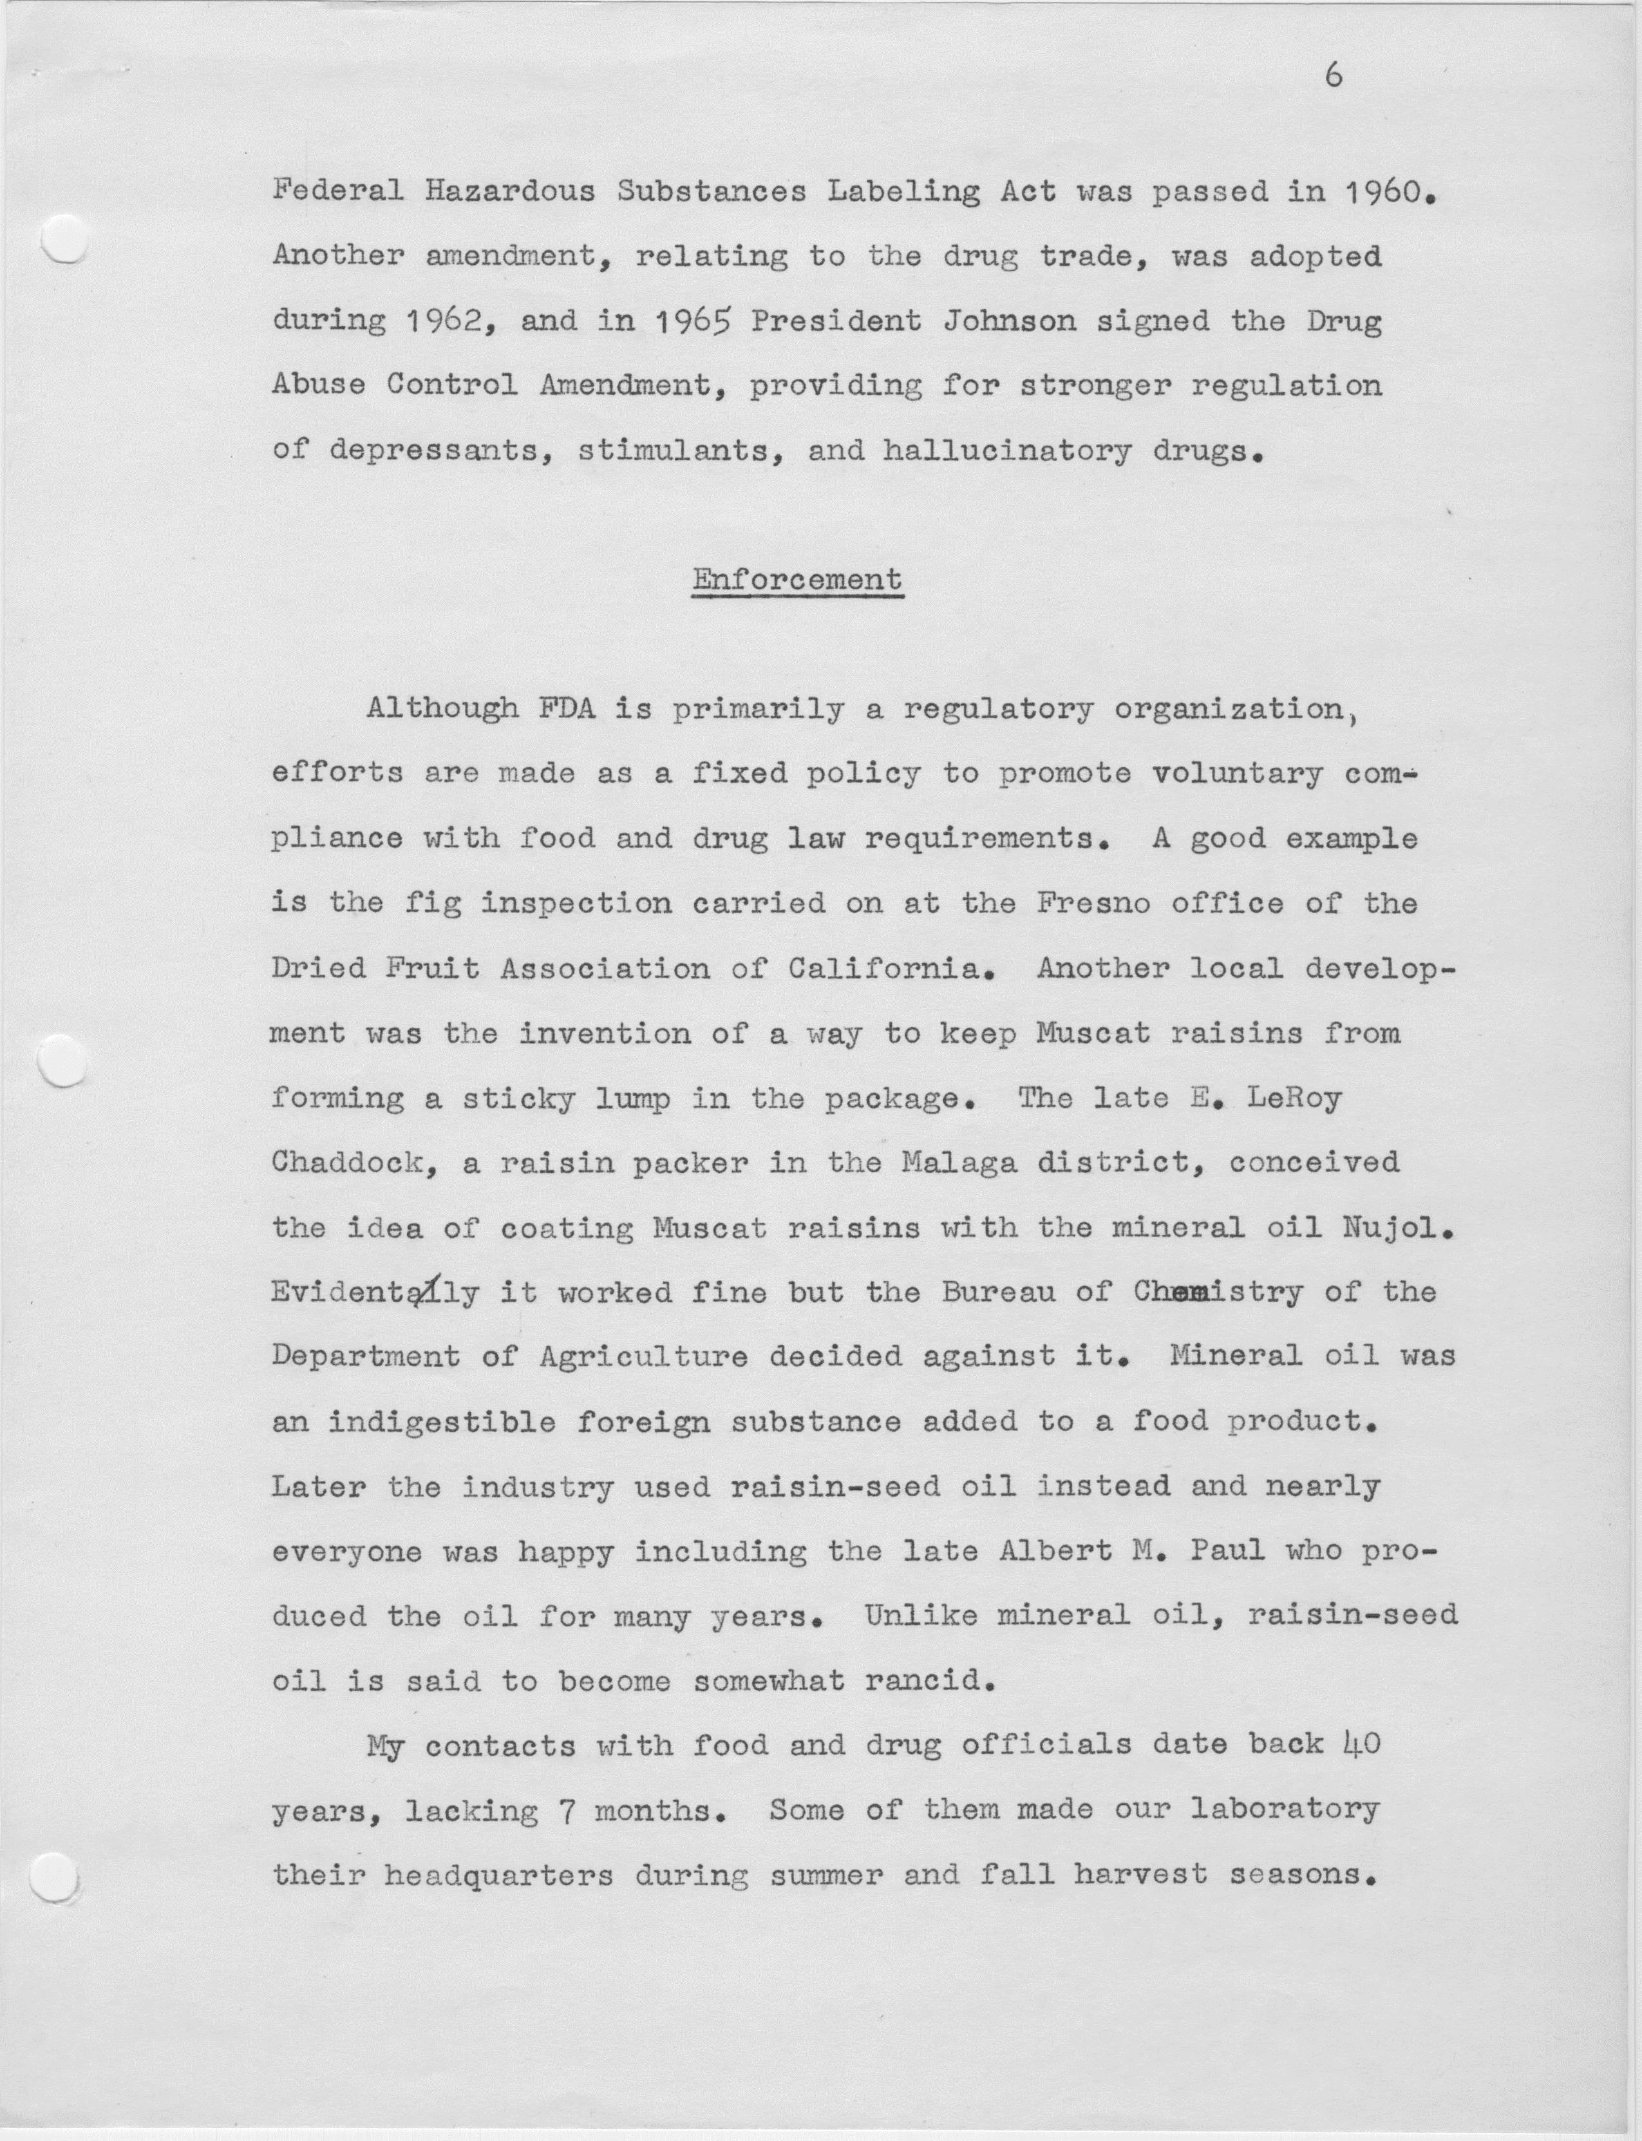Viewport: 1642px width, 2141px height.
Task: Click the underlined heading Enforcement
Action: (797, 580)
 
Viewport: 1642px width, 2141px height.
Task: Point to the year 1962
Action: (442, 321)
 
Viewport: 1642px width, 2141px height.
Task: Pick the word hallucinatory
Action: (1008, 451)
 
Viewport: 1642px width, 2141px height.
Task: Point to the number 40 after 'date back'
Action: (1361, 1745)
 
